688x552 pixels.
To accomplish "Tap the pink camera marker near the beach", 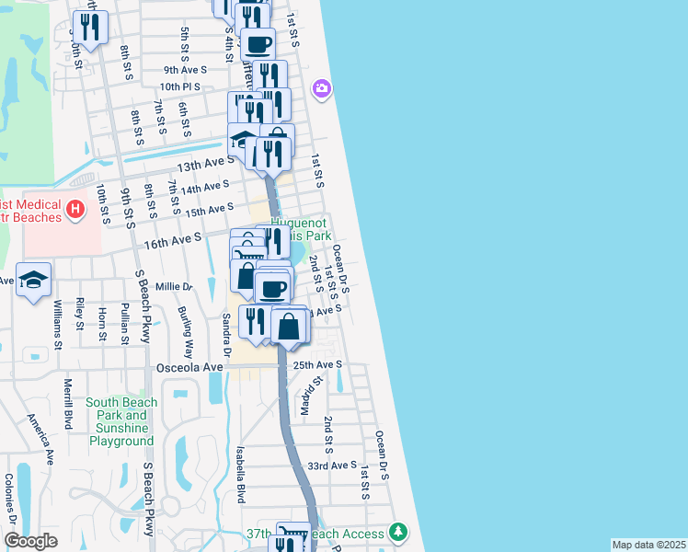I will (x=322, y=88).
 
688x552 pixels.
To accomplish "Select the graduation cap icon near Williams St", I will (x=33, y=281).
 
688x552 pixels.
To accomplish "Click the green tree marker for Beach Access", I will (x=397, y=532).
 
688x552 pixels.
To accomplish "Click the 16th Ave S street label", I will (x=172, y=238).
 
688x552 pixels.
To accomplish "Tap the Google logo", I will (x=30, y=541).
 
